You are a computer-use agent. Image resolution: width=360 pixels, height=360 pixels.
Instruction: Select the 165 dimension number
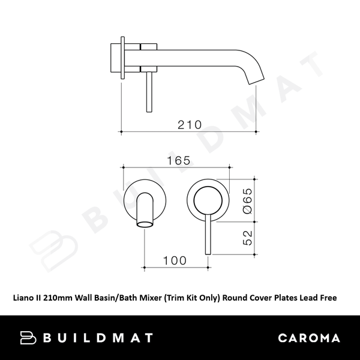coord(178,160)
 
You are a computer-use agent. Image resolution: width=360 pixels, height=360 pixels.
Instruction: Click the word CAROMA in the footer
coord(308,338)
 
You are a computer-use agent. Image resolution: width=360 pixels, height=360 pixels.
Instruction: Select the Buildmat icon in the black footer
coord(29,338)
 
